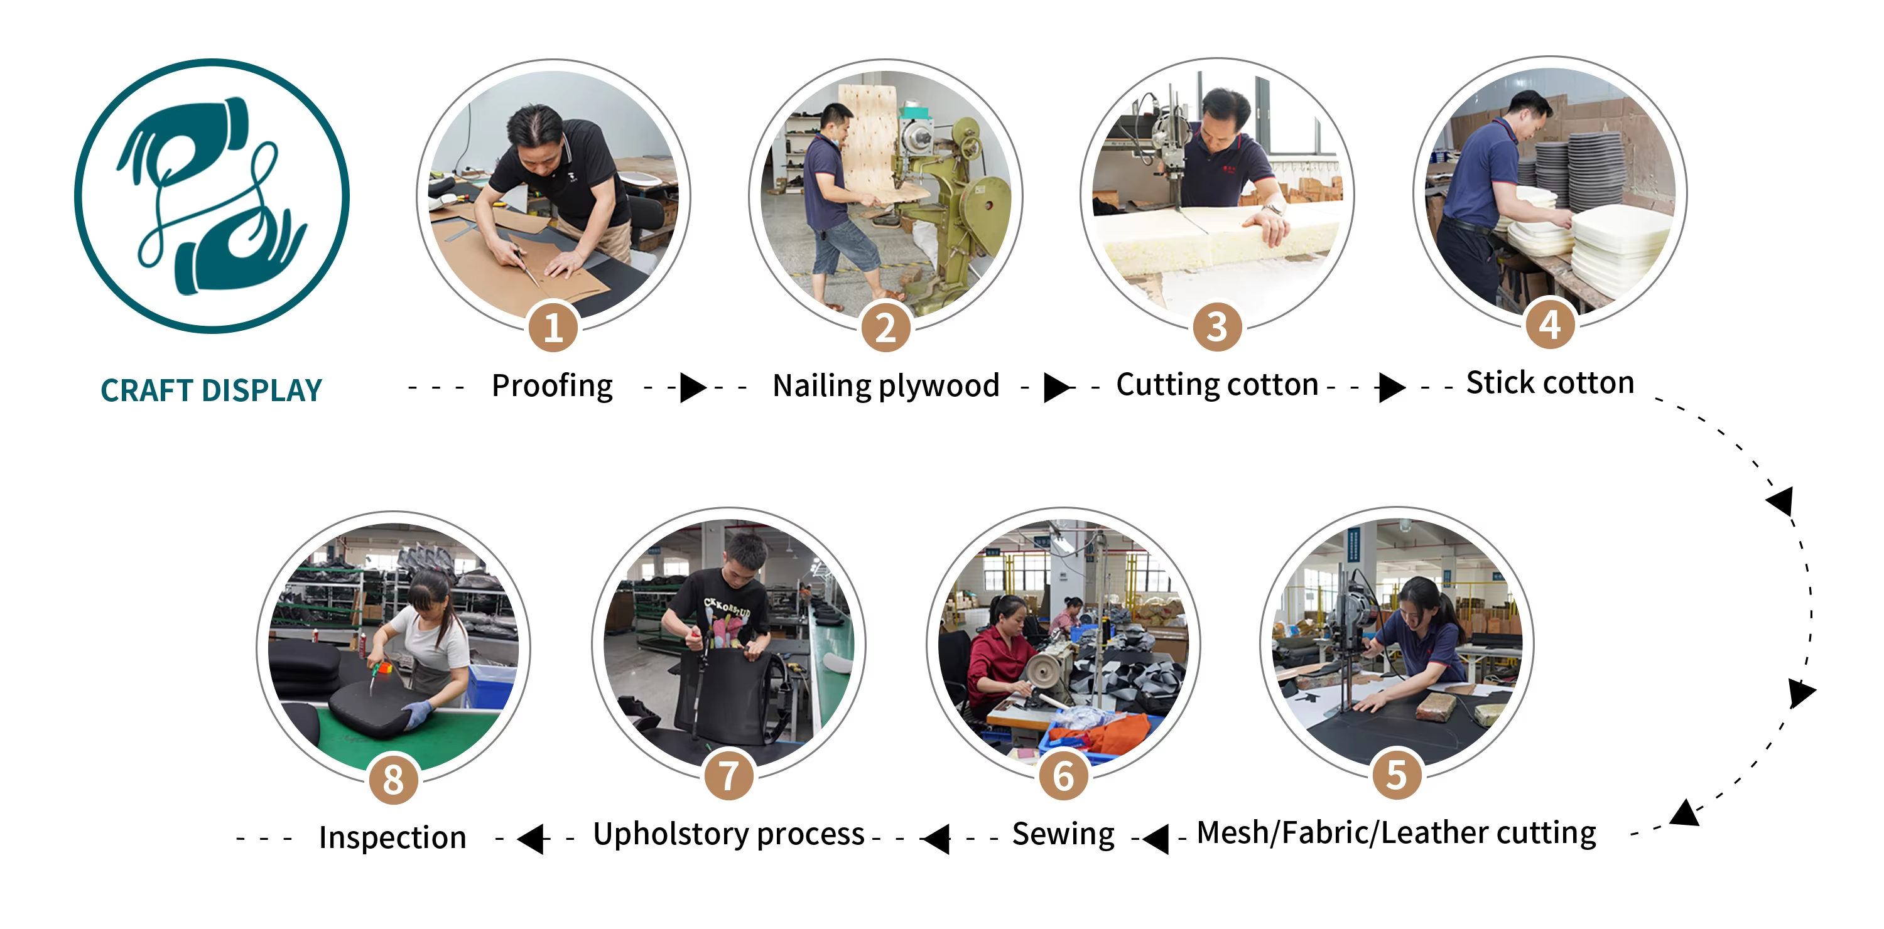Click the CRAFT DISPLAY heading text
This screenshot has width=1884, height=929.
tap(212, 390)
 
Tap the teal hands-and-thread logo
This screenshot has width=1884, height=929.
tap(212, 196)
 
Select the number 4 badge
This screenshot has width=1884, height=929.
tap(1551, 324)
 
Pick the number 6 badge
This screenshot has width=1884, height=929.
tap(1063, 775)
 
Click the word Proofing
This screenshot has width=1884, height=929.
tap(552, 387)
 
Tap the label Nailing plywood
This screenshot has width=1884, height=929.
tap(885, 387)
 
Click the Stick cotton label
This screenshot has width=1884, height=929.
tap(1550, 383)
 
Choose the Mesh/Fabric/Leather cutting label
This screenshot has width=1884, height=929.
tap(1396, 833)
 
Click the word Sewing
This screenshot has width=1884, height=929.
tap(1063, 835)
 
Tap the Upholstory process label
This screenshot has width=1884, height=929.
tap(728, 835)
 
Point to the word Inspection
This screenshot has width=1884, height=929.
tap(392, 837)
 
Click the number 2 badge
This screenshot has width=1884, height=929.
tap(885, 327)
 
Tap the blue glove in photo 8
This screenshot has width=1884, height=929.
tap(418, 712)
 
